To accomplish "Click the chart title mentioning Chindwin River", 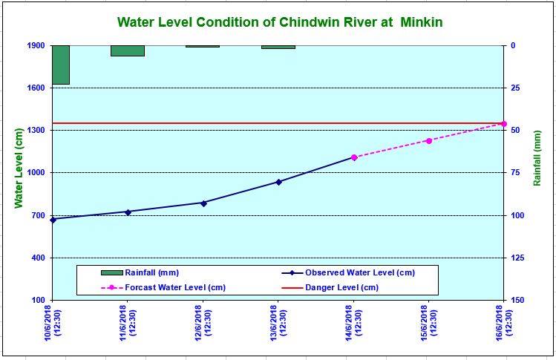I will (280, 22).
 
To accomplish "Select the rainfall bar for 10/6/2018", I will (61, 65).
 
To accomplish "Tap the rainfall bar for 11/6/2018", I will (128, 50).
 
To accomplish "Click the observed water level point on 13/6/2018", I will (278, 182).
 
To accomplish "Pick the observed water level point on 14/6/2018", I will (354, 157).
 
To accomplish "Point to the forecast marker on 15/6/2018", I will (429, 140).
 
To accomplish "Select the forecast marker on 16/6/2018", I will (504, 123).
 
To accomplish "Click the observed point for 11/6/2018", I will (128, 212).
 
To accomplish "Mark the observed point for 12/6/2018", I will (203, 203).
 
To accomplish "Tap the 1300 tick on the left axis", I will (37, 131).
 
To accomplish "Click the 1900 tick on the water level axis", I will (37, 46).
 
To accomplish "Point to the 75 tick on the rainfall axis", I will (514, 173).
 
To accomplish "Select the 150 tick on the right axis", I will (517, 300).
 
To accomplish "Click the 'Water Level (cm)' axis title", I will (19, 173).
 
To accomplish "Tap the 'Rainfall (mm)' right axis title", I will (537, 173).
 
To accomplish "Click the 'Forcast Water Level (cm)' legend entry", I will (175, 287).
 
